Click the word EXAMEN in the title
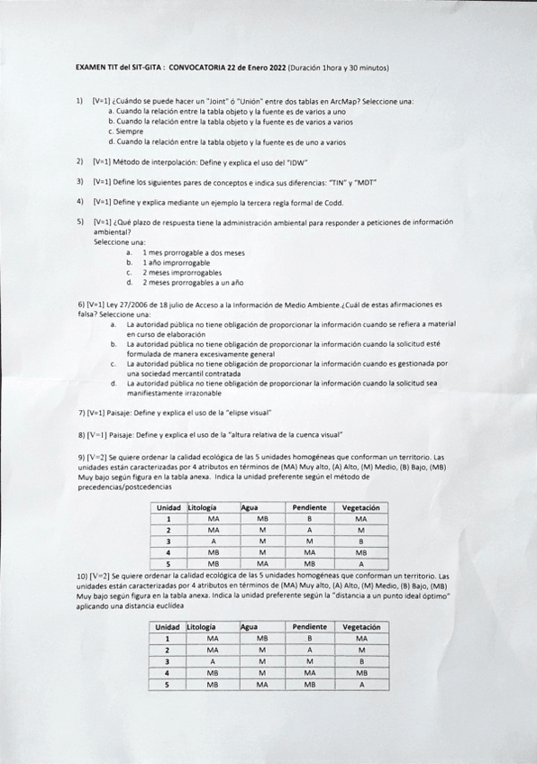(90, 68)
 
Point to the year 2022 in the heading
(276, 68)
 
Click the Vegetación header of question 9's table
(361, 507)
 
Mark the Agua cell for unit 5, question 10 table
(262, 684)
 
